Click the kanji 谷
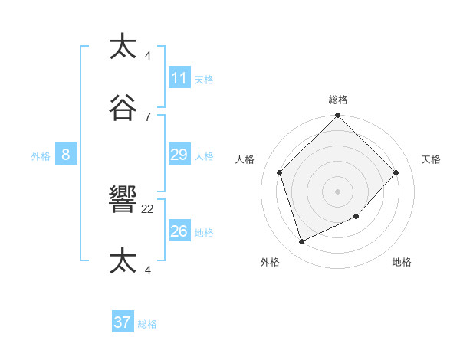click(x=123, y=108)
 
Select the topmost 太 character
click(x=123, y=47)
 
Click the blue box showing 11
click(x=179, y=78)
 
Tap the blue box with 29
click(x=179, y=155)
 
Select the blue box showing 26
click(x=179, y=231)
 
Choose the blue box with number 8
click(x=66, y=155)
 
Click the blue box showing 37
click(x=123, y=322)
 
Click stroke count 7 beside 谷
click(x=148, y=116)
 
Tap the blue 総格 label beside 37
click(x=147, y=324)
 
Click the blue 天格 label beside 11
click(x=204, y=80)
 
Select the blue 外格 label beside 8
click(x=41, y=156)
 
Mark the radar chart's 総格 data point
click(x=337, y=116)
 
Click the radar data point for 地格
click(x=356, y=217)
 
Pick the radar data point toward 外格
click(x=302, y=242)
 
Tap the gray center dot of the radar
click(x=337, y=191)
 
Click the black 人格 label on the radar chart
click(x=245, y=159)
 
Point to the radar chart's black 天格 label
click(x=432, y=159)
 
